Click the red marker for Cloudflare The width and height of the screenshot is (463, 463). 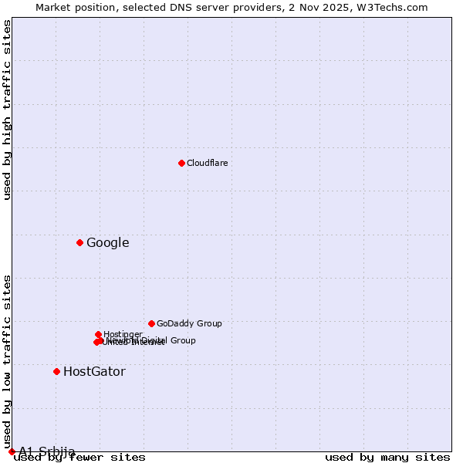[181, 163]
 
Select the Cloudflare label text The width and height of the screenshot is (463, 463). [207, 163]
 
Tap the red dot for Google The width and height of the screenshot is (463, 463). [79, 243]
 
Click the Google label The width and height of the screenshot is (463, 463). [107, 243]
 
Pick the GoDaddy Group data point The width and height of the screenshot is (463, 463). [151, 323]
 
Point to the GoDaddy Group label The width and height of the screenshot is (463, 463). [189, 324]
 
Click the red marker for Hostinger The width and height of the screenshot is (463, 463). [98, 334]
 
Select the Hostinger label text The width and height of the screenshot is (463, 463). [123, 334]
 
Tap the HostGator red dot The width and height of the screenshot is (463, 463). [56, 371]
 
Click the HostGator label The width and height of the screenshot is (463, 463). [94, 372]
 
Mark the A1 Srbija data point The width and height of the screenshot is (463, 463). [12, 451]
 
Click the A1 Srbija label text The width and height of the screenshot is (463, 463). [47, 451]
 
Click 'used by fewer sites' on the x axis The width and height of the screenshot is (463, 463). [79, 458]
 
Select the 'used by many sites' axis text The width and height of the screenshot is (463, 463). [387, 458]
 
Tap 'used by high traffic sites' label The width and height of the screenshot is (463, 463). [8, 110]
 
